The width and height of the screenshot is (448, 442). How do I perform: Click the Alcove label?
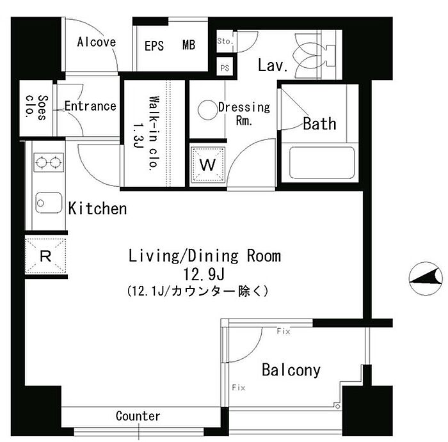coord(97,42)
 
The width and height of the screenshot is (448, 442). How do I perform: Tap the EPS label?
coord(154,45)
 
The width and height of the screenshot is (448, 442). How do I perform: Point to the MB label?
coord(189,45)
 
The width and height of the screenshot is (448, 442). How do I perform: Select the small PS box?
coord(225,67)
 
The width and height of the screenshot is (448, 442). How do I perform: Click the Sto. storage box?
coord(226,41)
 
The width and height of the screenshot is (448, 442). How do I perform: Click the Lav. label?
coord(273,65)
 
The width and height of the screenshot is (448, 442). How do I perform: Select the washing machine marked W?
coord(208,165)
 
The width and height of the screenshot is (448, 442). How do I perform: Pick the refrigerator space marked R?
coord(45,255)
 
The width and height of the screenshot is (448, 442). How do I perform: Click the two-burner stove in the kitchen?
coord(49,162)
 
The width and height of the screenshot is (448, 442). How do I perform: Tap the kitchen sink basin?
coord(49,203)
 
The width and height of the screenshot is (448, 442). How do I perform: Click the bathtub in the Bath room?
coord(322,162)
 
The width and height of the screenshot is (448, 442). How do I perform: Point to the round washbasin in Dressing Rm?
coord(208,110)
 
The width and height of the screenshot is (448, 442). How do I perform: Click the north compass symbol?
coord(426,278)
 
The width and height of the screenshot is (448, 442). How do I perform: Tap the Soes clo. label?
coord(37,107)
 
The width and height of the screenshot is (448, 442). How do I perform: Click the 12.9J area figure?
coord(204,275)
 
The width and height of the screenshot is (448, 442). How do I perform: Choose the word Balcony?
coord(291,370)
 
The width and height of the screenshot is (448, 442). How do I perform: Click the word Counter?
coord(138,416)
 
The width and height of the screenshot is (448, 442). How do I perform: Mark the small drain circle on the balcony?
coord(338,406)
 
